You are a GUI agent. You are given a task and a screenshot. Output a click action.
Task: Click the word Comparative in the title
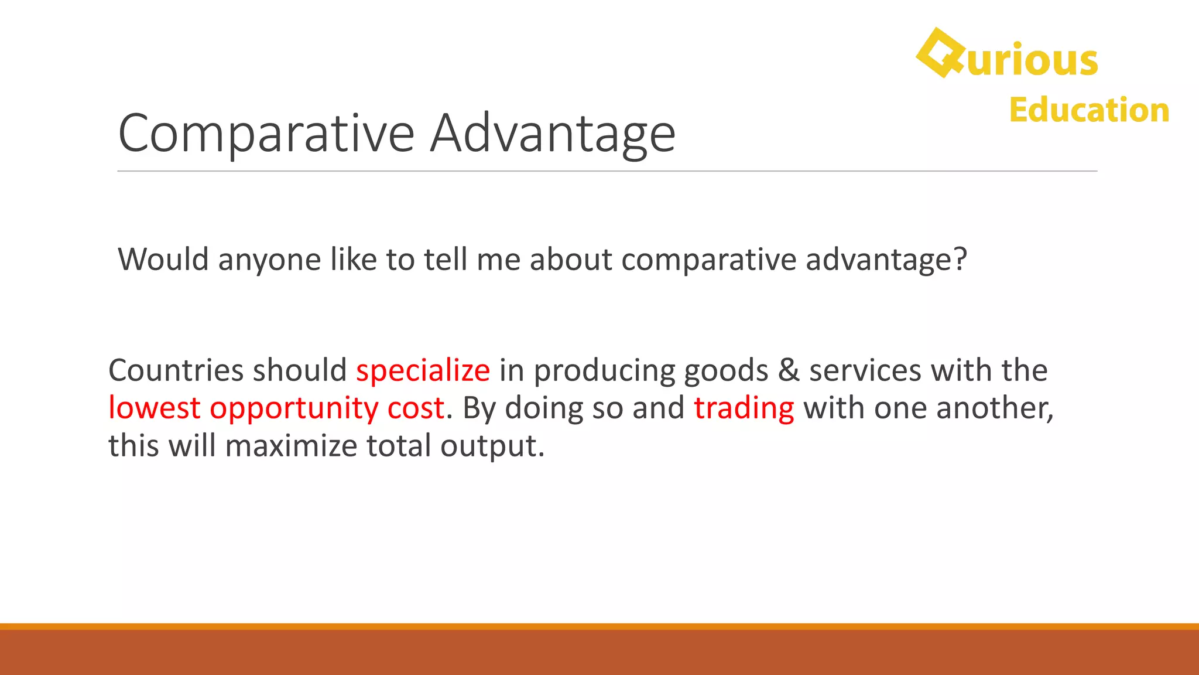(x=266, y=134)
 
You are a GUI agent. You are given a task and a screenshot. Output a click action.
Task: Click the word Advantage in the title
(x=553, y=134)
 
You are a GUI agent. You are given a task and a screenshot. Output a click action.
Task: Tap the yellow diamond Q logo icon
(x=939, y=53)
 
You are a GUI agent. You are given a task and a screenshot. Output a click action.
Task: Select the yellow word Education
(x=1089, y=110)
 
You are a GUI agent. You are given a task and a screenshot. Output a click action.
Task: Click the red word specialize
(x=423, y=370)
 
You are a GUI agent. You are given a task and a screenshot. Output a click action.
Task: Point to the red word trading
(x=744, y=408)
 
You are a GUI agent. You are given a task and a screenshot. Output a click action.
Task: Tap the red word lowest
(x=155, y=408)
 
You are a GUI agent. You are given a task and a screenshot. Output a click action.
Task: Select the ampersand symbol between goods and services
(x=789, y=370)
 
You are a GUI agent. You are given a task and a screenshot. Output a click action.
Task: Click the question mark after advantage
(x=960, y=259)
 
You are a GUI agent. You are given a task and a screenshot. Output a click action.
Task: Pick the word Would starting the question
(x=163, y=259)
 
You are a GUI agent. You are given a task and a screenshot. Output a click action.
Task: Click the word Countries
(x=176, y=370)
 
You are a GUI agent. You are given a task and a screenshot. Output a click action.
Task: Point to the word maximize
(x=291, y=445)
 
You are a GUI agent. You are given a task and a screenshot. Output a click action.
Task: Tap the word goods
(x=725, y=371)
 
